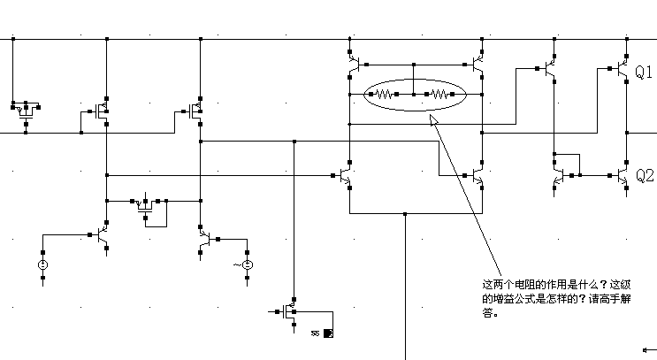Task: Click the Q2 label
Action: tap(645, 176)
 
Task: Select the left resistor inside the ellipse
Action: tap(384, 92)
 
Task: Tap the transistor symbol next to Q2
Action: tap(622, 176)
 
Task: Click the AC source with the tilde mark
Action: tap(248, 264)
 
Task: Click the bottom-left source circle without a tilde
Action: tap(42, 264)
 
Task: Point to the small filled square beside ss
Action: tap(327, 333)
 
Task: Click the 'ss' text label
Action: tap(315, 334)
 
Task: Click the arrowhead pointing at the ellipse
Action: tap(432, 119)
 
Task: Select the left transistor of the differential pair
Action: tap(346, 176)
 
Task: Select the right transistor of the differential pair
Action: tap(477, 176)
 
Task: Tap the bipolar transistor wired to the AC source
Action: tap(205, 239)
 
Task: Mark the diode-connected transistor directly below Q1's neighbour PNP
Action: tap(559, 176)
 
